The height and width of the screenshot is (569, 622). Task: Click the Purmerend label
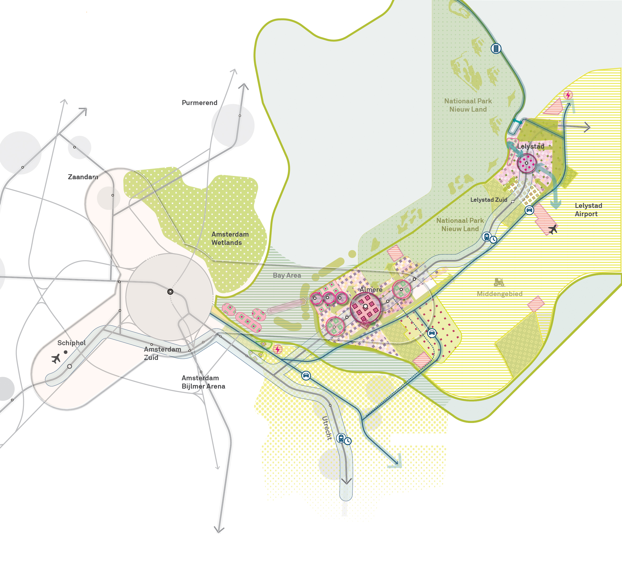(x=199, y=103)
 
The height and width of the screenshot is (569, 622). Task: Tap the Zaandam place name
(x=83, y=177)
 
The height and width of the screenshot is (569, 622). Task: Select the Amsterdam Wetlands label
(x=230, y=238)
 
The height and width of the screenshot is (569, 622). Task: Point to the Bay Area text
(x=287, y=275)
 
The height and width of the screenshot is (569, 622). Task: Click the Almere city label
(x=371, y=289)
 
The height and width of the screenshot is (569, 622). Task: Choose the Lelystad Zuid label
(x=489, y=200)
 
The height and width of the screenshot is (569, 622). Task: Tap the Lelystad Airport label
(x=588, y=210)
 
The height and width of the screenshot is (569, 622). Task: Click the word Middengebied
(x=499, y=294)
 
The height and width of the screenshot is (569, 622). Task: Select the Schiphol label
(x=71, y=343)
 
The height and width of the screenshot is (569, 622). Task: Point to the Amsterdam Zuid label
(x=162, y=353)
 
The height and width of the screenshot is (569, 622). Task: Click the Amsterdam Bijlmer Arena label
(x=203, y=382)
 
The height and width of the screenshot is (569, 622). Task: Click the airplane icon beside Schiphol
(x=56, y=358)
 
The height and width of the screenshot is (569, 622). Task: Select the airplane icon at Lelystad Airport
(x=553, y=229)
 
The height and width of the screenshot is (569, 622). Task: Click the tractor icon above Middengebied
(x=499, y=282)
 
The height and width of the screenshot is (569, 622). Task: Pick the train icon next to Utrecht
(x=341, y=438)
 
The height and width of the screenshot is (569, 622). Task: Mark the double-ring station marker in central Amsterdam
(x=170, y=292)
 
